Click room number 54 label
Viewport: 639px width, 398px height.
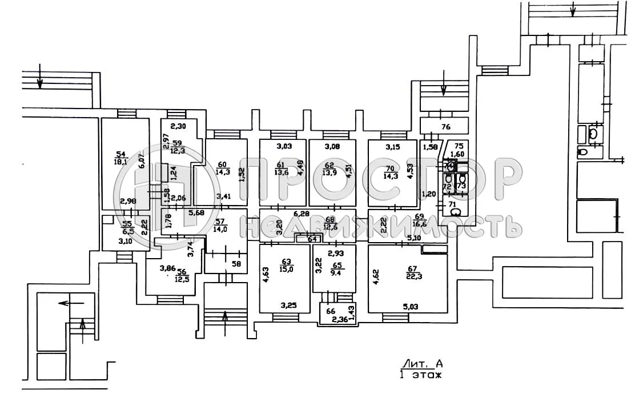(x=120, y=154)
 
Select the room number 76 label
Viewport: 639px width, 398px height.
(x=446, y=127)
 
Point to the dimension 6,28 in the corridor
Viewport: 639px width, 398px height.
(x=302, y=214)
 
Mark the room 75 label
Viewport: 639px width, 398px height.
(x=459, y=145)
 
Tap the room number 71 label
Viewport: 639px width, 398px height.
(x=451, y=203)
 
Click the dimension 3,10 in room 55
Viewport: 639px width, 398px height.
(x=123, y=241)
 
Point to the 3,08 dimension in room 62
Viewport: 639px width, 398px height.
(x=332, y=147)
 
